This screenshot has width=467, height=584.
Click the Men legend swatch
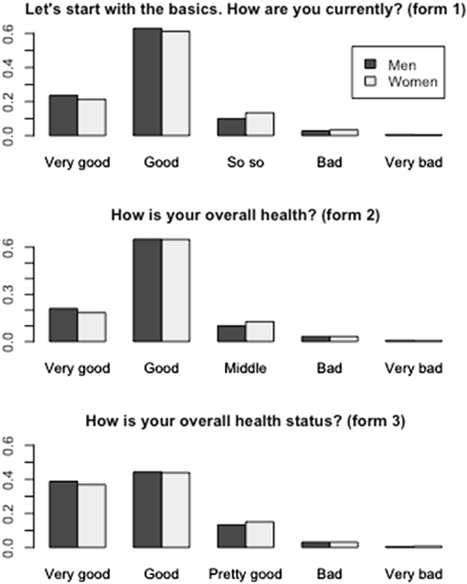click(371, 64)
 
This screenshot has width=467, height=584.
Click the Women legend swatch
click(371, 82)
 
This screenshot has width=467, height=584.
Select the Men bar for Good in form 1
click(147, 82)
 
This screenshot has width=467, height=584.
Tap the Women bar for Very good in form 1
click(91, 117)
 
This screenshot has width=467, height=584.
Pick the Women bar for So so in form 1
click(260, 124)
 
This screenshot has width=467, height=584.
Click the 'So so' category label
click(245, 163)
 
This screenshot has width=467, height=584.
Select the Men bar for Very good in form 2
click(63, 324)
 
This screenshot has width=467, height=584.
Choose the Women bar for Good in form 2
click(176, 290)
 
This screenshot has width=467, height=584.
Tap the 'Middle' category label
click(245, 369)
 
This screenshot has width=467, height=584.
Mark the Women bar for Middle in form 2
click(260, 331)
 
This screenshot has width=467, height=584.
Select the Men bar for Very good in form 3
click(63, 514)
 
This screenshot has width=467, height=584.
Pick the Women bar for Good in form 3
click(176, 510)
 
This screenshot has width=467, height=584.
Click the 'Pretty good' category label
click(245, 574)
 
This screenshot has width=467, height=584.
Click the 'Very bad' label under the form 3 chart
click(413, 574)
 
